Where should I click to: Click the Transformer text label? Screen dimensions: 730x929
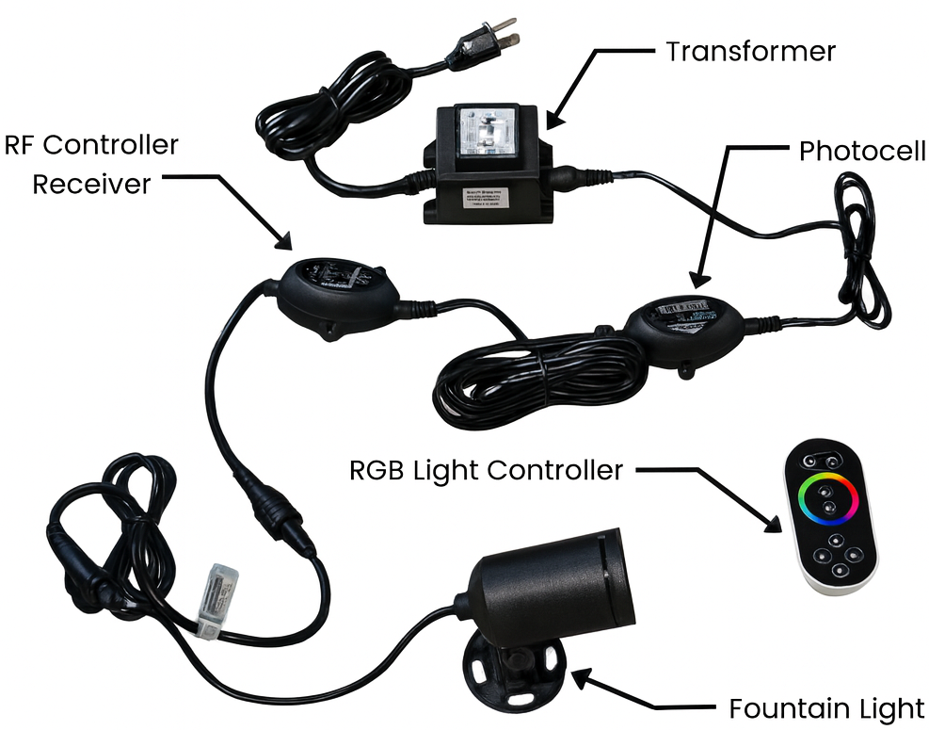[x=749, y=51]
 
